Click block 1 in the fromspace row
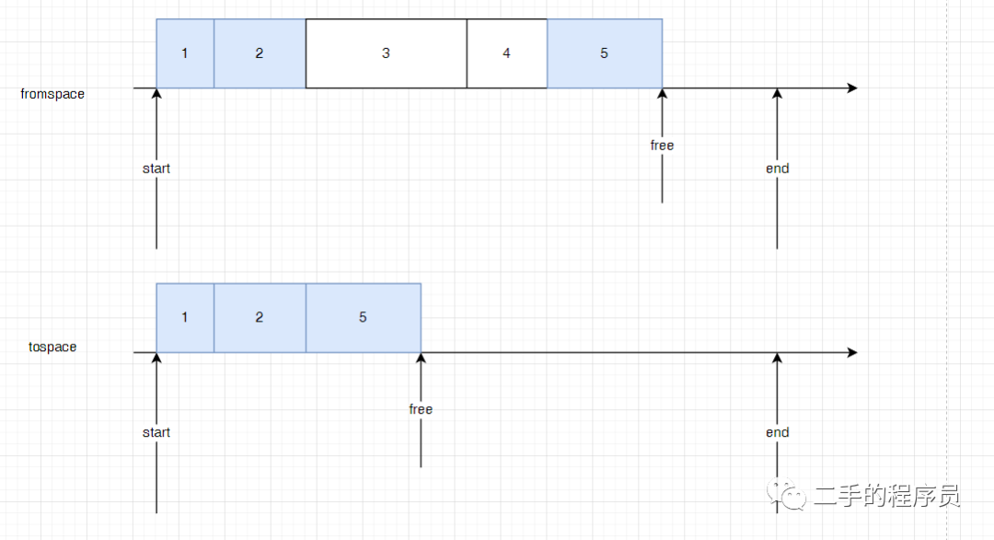click(x=185, y=53)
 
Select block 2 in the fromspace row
click(x=260, y=53)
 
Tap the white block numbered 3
click(x=386, y=53)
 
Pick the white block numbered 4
click(x=506, y=53)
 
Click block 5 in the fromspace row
click(x=605, y=53)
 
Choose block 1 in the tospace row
click(x=185, y=318)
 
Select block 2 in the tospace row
click(x=260, y=318)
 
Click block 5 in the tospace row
click(x=363, y=318)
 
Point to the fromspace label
click(x=52, y=94)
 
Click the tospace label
click(x=52, y=347)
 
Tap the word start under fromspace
click(x=156, y=169)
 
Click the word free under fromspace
click(x=662, y=146)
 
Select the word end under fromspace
click(x=778, y=169)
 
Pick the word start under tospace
click(x=156, y=432)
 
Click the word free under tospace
click(x=421, y=409)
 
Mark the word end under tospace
click(x=778, y=432)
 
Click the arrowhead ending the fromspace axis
click(x=852, y=88)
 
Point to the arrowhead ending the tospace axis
click(x=852, y=353)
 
